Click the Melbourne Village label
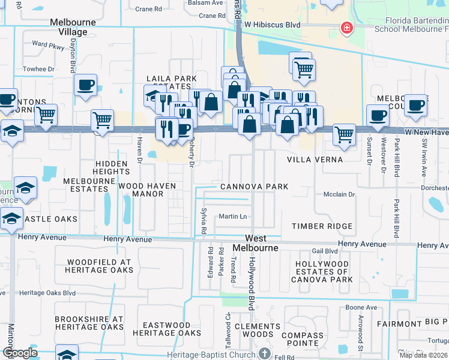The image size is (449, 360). pos(73,27)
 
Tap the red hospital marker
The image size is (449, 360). pos(346,28)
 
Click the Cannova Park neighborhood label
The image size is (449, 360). pos(254,187)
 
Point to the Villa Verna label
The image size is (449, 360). pos(315,160)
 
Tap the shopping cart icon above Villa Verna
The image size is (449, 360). pos(344,134)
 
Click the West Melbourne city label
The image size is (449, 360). pos(260,243)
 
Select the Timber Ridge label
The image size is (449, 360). pos(322,226)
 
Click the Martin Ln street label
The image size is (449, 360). pos(233,216)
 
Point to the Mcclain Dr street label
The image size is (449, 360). pos(339,194)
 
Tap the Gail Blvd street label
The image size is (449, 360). pos(325,251)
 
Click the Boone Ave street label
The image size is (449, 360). pos(361,307)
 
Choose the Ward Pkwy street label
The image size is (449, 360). pos(47,44)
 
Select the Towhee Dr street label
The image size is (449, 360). pos(38,69)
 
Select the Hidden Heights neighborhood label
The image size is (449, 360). pos(111,167)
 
